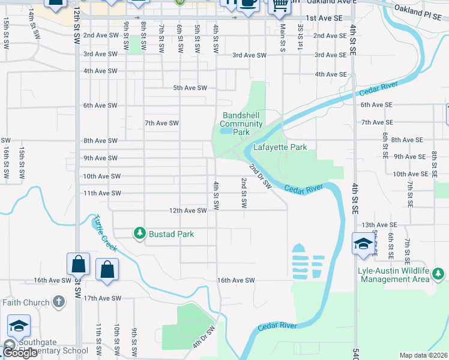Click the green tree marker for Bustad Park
139,233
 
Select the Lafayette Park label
280,147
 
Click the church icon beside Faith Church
58,301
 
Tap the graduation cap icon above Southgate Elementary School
19,325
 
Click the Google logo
20,353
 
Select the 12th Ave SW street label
187,211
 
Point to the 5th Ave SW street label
190,88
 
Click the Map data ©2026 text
423,355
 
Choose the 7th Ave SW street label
162,123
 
